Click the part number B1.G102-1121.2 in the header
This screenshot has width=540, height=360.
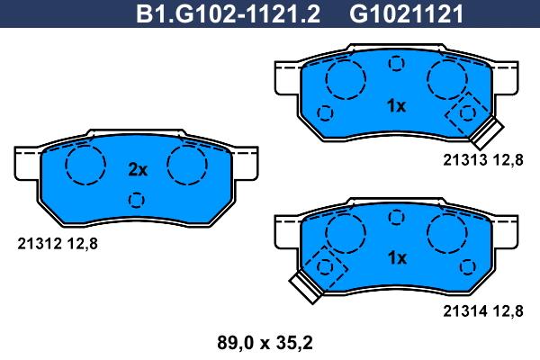point(228,13)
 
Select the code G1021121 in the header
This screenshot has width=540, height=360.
point(407,13)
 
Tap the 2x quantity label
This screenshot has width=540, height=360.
point(138,169)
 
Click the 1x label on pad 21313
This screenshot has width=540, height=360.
point(397,106)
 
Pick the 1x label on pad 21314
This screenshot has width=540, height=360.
point(397,257)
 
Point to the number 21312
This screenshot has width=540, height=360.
point(40,244)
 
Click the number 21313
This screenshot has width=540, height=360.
point(465,160)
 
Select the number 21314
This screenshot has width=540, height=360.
point(465,311)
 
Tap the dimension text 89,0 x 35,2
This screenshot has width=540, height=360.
point(265,343)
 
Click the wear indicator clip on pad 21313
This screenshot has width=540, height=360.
point(487,133)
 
